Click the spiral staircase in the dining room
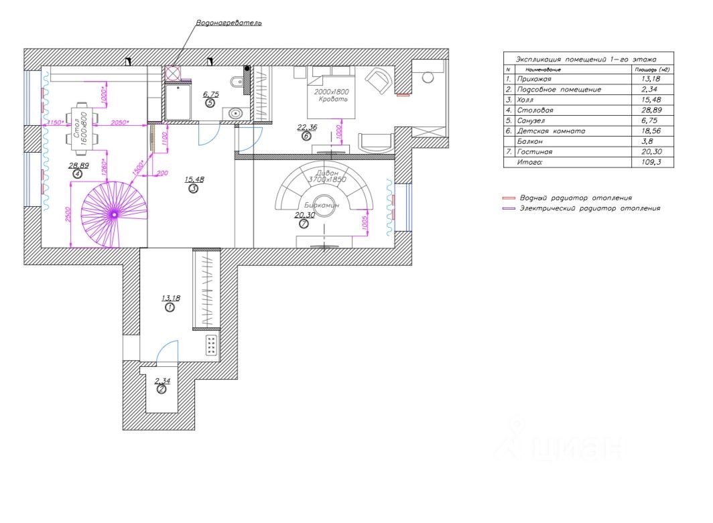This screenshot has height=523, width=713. coord(114,214)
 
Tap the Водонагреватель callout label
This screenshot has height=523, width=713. coord(229,23)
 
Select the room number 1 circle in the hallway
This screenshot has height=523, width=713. coord(169,307)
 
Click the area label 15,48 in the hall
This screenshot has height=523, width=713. coord(193,179)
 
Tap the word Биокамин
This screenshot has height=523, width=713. coord(321,205)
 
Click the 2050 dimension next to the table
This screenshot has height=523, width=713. coord(119,123)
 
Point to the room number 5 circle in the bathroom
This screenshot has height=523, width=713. coord(210,104)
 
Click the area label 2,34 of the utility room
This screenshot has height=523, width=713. coord(161,381)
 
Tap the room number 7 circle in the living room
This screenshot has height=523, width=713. coord(304,224)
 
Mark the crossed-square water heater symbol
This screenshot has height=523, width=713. coord(173,73)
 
